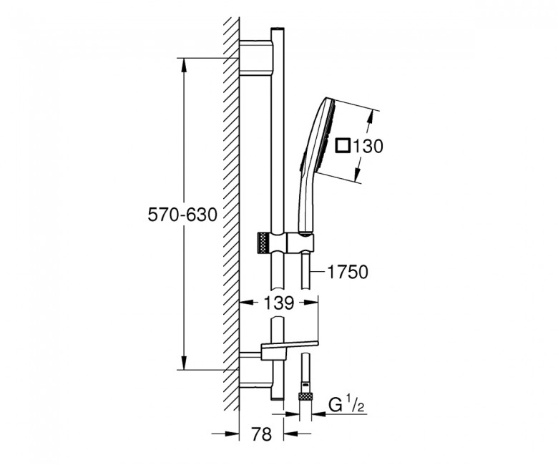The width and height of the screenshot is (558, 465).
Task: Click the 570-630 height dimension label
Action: click(x=182, y=215)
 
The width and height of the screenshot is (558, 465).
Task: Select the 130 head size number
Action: click(x=368, y=146)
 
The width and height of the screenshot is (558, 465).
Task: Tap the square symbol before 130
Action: click(x=344, y=146)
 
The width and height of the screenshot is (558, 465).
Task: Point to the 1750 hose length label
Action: click(x=348, y=272)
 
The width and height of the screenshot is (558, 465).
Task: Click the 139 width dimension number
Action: click(x=279, y=303)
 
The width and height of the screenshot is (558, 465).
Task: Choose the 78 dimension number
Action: click(x=261, y=434)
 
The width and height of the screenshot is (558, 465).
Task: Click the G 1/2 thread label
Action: click(x=346, y=406)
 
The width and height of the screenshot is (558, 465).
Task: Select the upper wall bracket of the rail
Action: click(x=256, y=58)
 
